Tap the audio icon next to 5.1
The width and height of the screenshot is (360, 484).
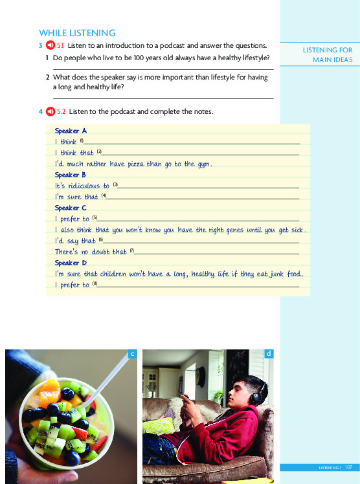[48, 45]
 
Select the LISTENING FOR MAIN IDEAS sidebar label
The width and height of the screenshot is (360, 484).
[328, 55]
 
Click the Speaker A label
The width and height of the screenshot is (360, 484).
[67, 131]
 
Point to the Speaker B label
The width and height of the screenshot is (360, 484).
[67, 175]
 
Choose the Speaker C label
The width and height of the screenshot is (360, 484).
[67, 208]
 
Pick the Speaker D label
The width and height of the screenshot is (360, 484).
[67, 263]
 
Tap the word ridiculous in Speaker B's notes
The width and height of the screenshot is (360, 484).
[84, 186]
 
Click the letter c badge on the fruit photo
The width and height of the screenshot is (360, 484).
[131, 354]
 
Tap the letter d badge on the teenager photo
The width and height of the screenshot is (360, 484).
[269, 354]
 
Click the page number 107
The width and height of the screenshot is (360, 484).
[348, 467]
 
